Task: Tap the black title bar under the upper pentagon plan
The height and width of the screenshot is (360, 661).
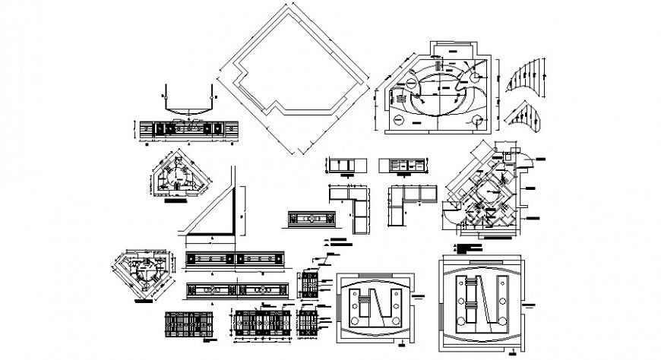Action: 176,203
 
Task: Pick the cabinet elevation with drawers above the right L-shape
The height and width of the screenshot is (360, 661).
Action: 408,165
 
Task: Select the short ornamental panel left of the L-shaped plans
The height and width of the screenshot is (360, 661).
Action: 312,218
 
